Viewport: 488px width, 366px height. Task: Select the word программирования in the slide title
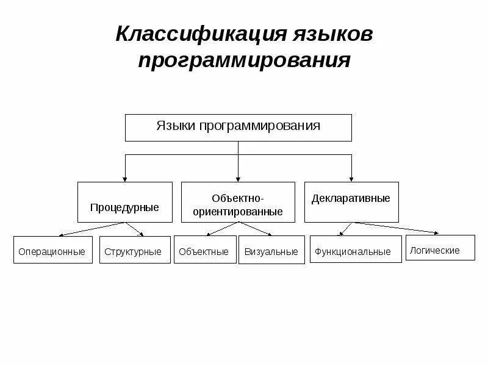(x=244, y=60)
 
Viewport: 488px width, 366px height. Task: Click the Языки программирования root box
(x=238, y=127)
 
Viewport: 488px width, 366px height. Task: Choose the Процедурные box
(x=124, y=202)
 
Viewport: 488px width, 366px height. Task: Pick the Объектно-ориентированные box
(x=238, y=202)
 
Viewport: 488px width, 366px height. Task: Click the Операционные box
(x=52, y=250)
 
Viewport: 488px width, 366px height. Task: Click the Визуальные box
(x=271, y=250)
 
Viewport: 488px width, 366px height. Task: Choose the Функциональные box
(x=356, y=250)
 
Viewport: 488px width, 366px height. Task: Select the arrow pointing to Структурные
(x=135, y=229)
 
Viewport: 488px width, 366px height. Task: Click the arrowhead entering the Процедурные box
(x=125, y=179)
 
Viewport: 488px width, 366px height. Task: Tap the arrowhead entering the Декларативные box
(x=351, y=179)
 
